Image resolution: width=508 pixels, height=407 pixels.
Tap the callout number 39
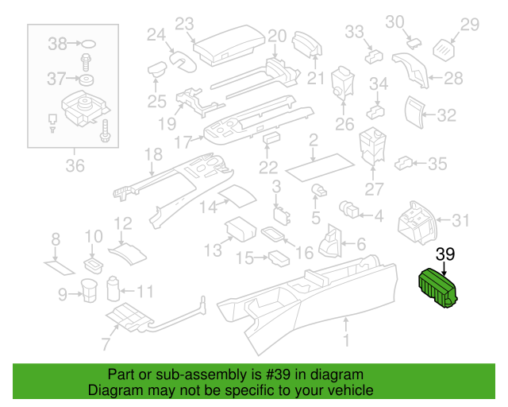(x=445, y=254)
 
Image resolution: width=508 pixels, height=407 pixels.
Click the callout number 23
(x=184, y=24)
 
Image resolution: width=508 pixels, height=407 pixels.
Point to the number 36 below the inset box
(x=75, y=166)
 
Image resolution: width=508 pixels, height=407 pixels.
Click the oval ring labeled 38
(x=90, y=45)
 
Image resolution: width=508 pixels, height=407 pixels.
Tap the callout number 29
(x=470, y=25)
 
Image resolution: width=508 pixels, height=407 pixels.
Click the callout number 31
(x=461, y=219)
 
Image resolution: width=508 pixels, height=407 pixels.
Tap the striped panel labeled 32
(x=416, y=111)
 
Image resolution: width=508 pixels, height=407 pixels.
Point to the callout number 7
(x=106, y=343)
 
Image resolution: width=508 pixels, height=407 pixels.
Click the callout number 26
(x=344, y=124)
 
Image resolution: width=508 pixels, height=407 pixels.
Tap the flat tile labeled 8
(x=58, y=264)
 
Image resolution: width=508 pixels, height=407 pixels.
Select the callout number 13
(x=213, y=251)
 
